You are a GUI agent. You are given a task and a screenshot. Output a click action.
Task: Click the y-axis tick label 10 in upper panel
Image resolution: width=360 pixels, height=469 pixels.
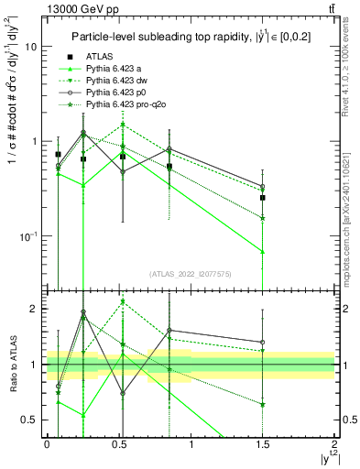[31, 46]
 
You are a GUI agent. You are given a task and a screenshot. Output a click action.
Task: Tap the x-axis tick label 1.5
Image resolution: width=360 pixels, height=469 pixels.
[262, 443]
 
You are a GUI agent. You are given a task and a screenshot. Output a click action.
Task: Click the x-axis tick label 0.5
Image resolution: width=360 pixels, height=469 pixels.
[118, 443]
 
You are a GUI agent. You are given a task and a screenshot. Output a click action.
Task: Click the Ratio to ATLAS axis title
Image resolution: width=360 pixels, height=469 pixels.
[12, 364]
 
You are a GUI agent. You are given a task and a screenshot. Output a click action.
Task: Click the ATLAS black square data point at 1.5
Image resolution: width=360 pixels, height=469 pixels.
[263, 197]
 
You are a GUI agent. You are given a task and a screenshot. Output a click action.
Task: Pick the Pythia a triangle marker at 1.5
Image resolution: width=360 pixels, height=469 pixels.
[263, 251]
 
